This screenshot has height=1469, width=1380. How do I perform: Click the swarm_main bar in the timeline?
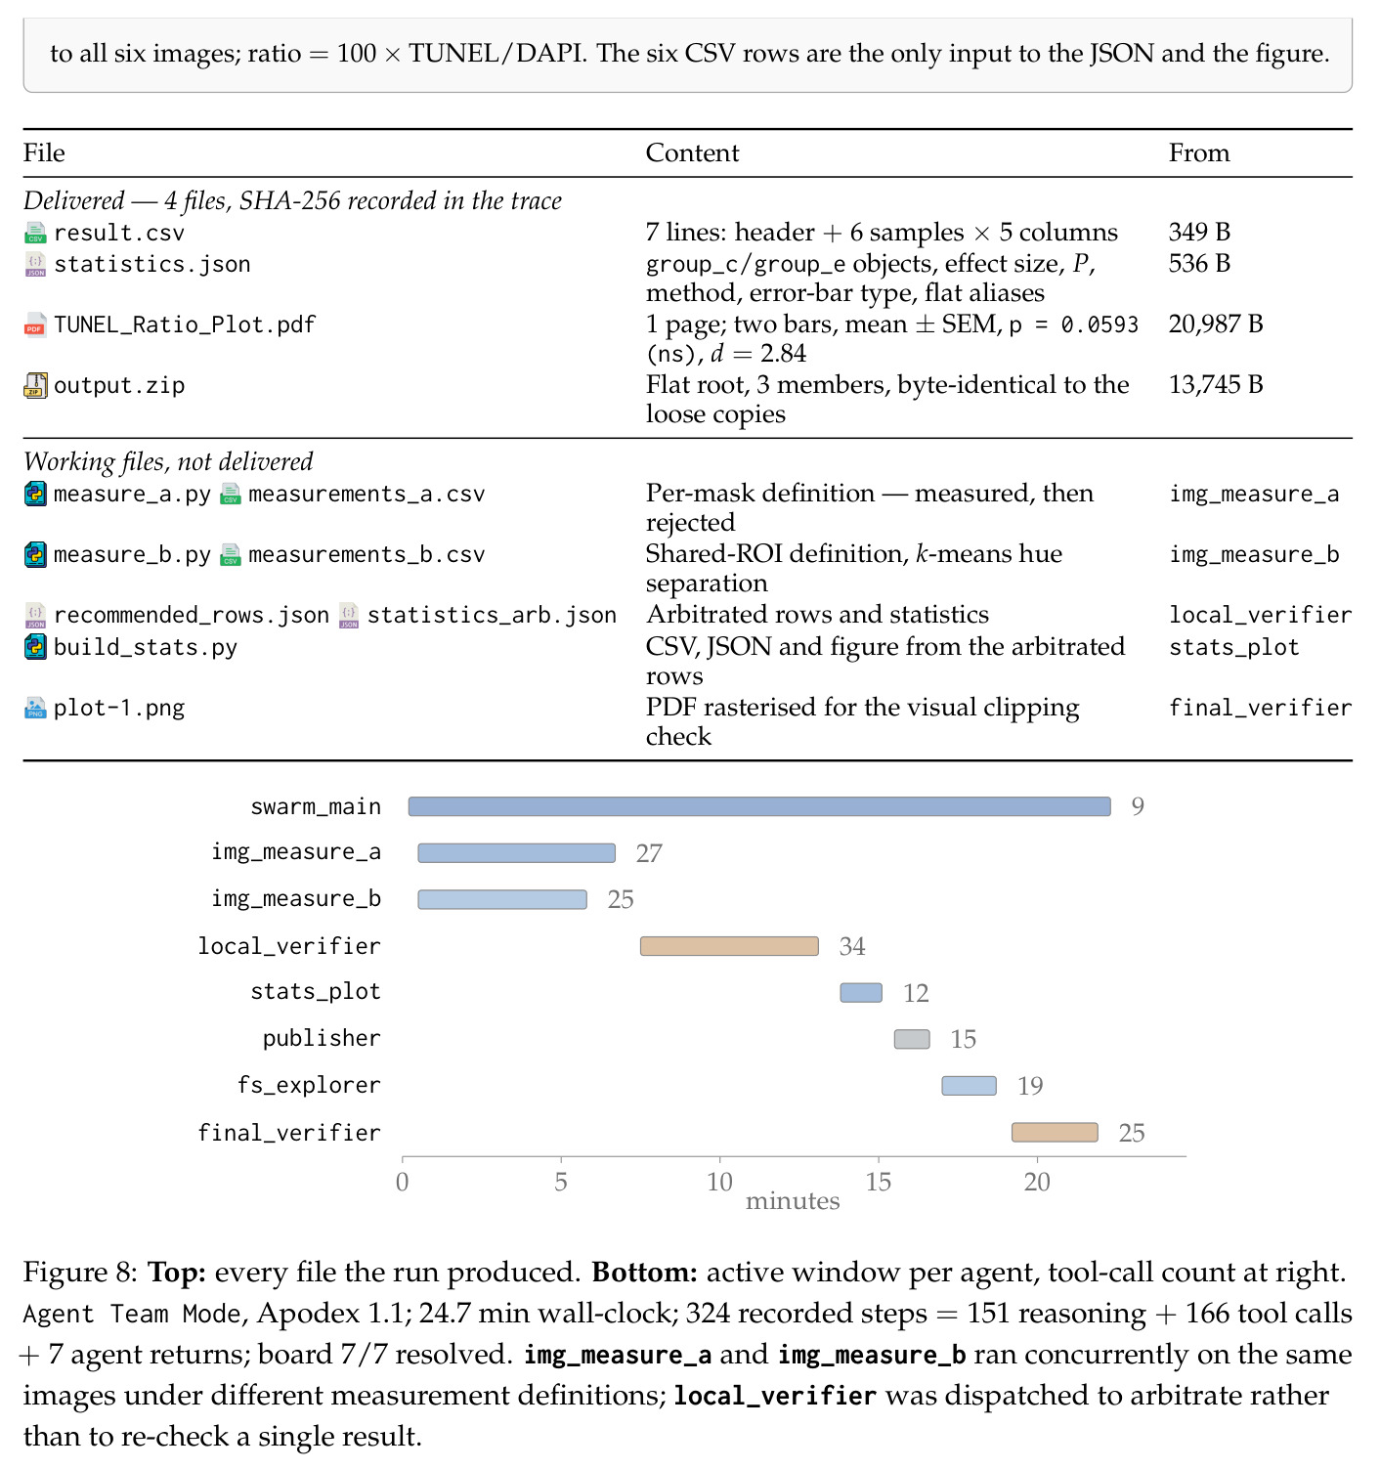pyautogui.click(x=759, y=806)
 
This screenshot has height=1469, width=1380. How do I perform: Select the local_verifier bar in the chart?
pyautogui.click(x=729, y=946)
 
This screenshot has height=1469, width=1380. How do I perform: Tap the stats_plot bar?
pyautogui.click(x=861, y=993)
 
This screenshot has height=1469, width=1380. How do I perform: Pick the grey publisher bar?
pyautogui.click(x=912, y=1039)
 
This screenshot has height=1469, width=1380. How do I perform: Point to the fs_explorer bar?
pyautogui.click(x=969, y=1086)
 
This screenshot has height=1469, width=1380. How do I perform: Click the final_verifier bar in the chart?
pyautogui.click(x=1055, y=1133)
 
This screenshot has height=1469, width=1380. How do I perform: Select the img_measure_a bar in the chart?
pyautogui.click(x=516, y=853)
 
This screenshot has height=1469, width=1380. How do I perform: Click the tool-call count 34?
pyautogui.click(x=851, y=946)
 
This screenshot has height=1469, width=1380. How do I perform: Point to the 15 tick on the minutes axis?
pyautogui.click(x=879, y=1182)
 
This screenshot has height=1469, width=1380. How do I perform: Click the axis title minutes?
pyautogui.click(x=793, y=1200)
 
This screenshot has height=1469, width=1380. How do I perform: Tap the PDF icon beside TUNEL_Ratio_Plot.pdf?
pyautogui.click(x=35, y=324)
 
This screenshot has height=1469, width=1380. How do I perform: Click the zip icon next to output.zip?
pyautogui.click(x=35, y=385)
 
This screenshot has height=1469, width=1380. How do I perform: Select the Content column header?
pyautogui.click(x=692, y=153)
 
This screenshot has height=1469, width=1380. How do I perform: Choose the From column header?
pyautogui.click(x=1199, y=153)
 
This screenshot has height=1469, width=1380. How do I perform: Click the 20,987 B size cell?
pyautogui.click(x=1216, y=324)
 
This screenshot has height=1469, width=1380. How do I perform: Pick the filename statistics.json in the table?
pyautogui.click(x=152, y=264)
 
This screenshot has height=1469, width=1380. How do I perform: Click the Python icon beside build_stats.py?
pyautogui.click(x=35, y=647)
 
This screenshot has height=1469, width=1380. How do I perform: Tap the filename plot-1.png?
pyautogui.click(x=119, y=708)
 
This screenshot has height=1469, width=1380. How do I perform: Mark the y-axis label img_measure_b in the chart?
pyautogui.click(x=296, y=899)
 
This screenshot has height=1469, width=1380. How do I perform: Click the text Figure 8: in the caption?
pyautogui.click(x=80, y=1273)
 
